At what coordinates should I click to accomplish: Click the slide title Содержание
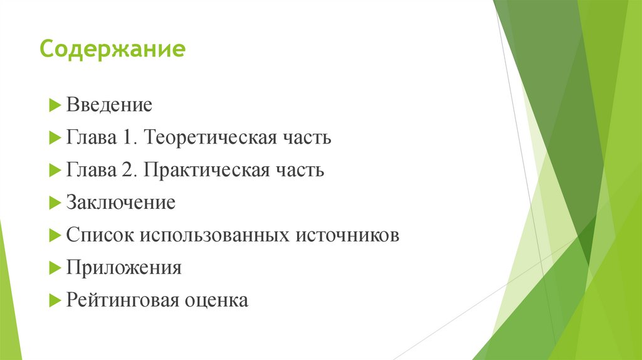tap(112, 49)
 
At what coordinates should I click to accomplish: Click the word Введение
tap(109, 105)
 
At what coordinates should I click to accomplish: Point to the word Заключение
tap(120, 203)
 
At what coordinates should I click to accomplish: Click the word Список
tap(100, 235)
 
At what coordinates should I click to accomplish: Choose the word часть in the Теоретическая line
tap(306, 137)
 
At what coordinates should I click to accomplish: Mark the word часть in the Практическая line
tap(299, 170)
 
